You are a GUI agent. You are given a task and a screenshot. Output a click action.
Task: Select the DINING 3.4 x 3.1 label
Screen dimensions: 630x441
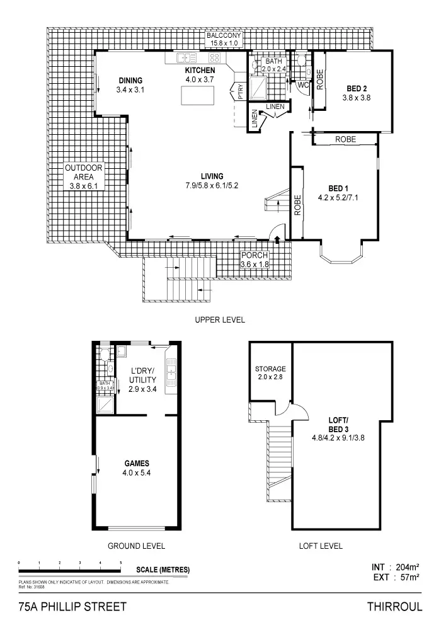[x=130, y=85]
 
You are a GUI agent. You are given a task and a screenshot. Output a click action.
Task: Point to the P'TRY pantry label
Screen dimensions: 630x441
[x=239, y=93]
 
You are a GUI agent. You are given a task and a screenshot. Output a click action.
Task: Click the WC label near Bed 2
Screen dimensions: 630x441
[x=302, y=84]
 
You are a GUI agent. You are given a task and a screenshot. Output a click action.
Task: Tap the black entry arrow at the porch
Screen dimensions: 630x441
[x=278, y=237]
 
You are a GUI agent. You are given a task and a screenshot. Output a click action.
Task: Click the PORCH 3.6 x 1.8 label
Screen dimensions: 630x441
[x=255, y=260]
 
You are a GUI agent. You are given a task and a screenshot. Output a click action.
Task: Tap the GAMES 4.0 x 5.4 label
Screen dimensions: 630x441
[x=136, y=467]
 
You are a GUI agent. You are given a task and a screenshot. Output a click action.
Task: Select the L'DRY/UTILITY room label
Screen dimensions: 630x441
[x=142, y=380]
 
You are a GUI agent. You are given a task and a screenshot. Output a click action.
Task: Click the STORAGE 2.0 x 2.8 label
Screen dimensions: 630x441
[x=270, y=373]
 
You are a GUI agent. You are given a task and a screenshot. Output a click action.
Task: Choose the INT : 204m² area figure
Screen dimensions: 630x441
[x=396, y=567]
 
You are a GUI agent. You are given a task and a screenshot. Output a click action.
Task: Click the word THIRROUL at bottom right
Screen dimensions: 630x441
[x=394, y=607]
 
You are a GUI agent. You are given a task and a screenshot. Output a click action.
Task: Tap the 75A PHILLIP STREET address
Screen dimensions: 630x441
[x=73, y=607]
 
